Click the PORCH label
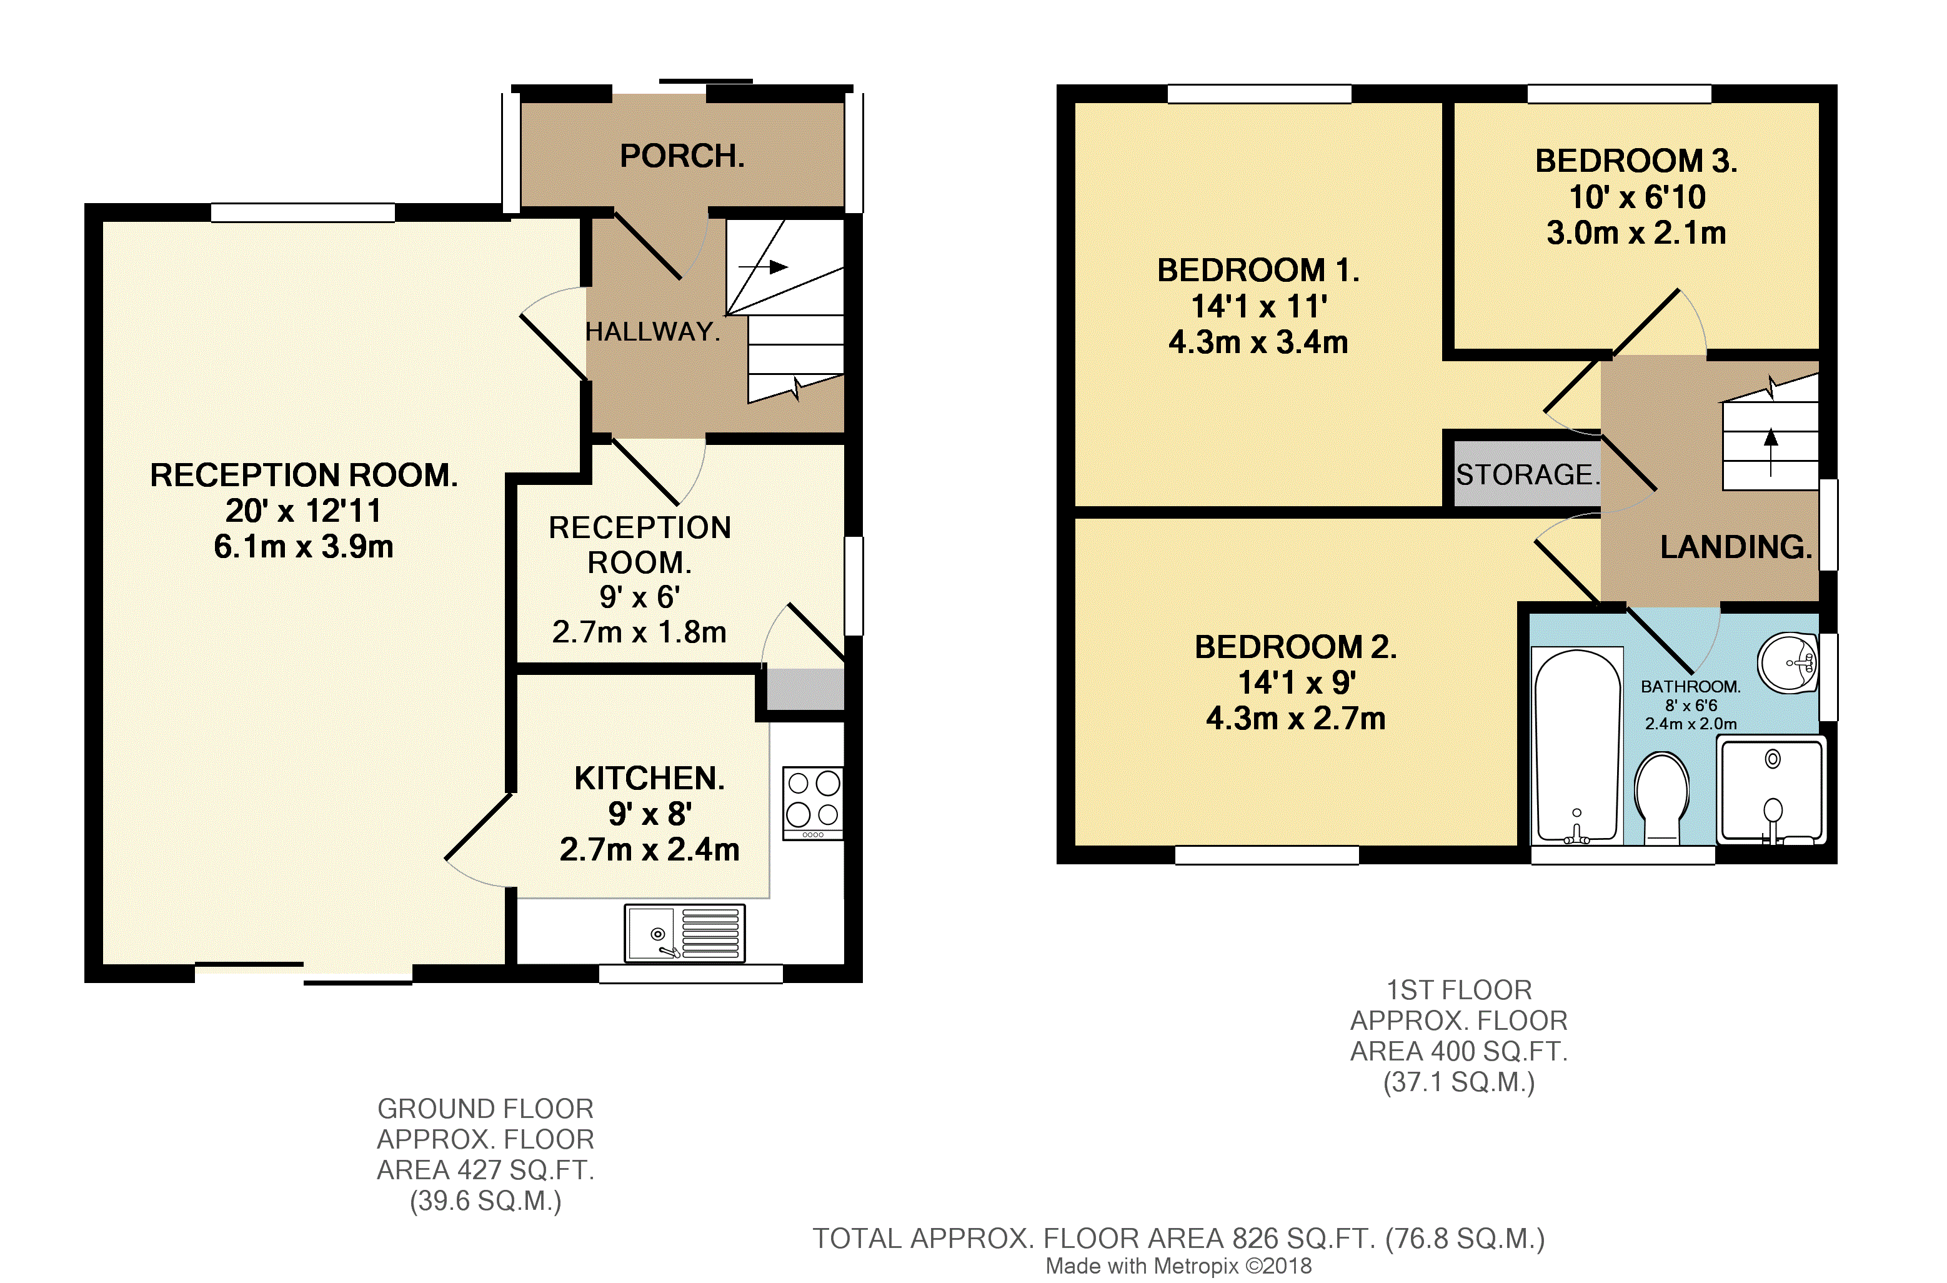(682, 156)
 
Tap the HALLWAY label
(652, 331)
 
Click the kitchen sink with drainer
(684, 933)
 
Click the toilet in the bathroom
(1661, 798)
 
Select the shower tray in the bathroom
(1771, 789)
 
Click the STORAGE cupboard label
(1526, 474)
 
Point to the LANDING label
(1735, 547)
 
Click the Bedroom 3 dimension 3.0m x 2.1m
(1635, 233)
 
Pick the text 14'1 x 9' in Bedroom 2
(1296, 682)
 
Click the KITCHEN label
(650, 778)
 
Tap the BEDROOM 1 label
(1257, 270)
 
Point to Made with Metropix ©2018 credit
(1178, 1266)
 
